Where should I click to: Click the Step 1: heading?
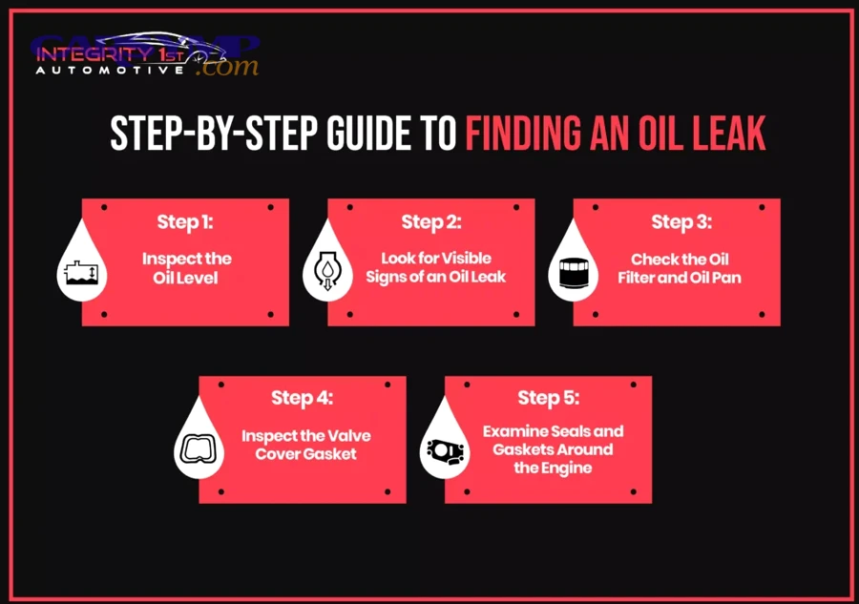click(186, 222)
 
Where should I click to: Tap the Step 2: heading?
click(431, 222)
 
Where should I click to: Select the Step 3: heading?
click(681, 222)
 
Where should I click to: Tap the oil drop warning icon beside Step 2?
click(326, 274)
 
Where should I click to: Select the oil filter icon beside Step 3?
click(572, 274)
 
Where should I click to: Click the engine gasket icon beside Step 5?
click(444, 449)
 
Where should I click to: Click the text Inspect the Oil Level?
click(186, 268)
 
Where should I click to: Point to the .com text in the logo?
click(227, 67)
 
